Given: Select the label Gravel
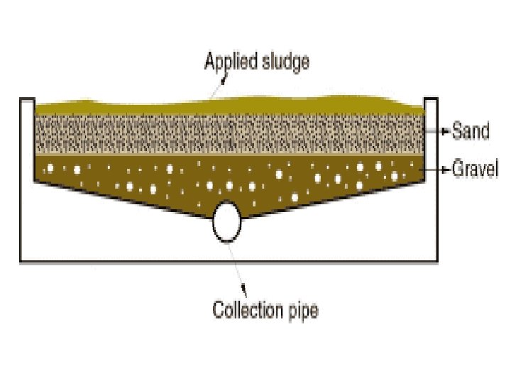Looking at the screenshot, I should (476, 170).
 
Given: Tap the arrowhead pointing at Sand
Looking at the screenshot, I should (445, 131).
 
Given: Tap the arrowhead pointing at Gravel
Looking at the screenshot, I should (445, 170).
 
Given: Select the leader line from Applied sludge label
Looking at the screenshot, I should (216, 91).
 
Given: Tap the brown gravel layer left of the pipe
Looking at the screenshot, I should (128, 181).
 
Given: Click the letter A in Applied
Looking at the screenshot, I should (210, 62).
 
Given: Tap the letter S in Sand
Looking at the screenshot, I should (457, 131).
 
